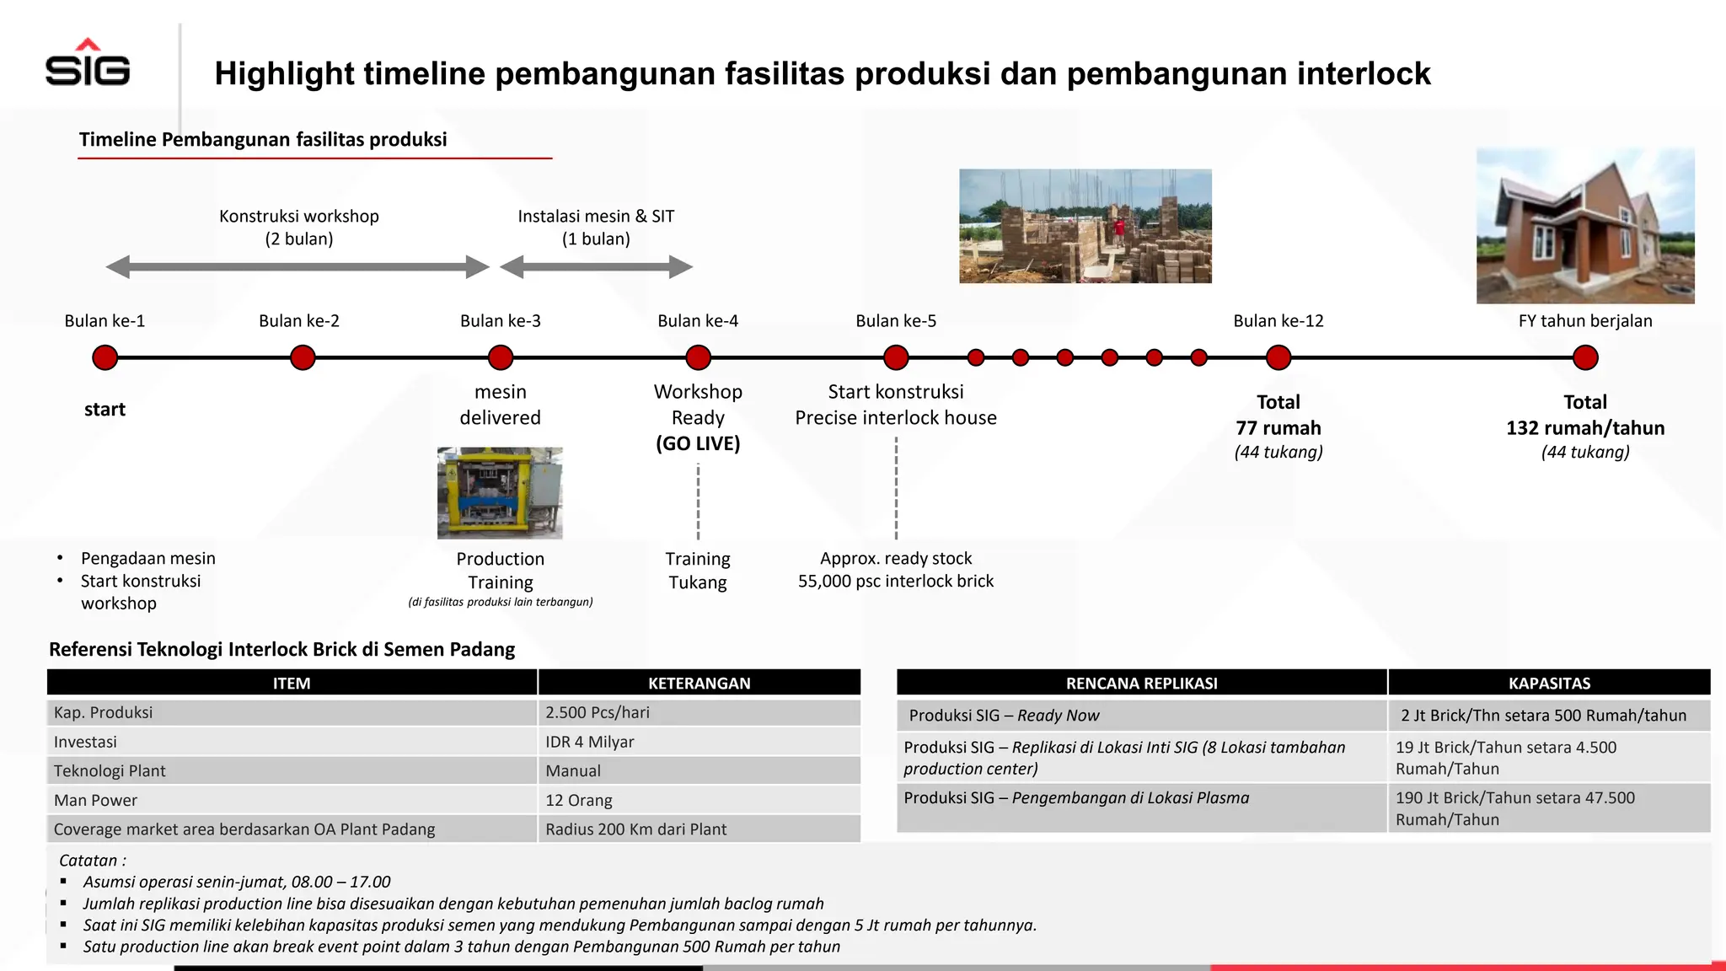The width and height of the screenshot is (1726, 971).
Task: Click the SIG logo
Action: point(88,64)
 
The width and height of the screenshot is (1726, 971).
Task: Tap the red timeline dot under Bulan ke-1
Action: point(105,357)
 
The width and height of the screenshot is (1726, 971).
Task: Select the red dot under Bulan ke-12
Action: point(1278,357)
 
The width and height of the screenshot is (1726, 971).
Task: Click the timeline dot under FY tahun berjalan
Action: point(1584,357)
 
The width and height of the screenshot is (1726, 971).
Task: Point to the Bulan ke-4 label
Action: point(697,321)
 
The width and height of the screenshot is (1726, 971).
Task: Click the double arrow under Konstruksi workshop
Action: point(297,267)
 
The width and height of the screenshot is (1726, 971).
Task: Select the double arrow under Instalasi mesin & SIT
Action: point(596,267)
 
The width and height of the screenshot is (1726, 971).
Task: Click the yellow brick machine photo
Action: point(500,493)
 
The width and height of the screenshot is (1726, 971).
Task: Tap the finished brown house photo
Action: point(1584,226)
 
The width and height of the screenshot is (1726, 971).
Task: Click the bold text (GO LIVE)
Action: point(697,443)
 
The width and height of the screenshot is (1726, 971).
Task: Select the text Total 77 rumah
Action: point(1278,416)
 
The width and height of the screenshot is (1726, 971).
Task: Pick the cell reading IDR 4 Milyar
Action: point(589,742)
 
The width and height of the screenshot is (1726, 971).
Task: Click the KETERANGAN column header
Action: point(699,683)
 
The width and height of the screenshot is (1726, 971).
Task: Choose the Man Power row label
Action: point(95,800)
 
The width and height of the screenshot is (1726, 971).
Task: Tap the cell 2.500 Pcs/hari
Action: point(597,712)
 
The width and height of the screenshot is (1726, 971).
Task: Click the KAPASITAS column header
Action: point(1549,683)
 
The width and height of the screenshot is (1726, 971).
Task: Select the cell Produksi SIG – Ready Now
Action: point(1004,716)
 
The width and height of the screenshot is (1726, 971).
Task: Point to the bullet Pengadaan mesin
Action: point(148,558)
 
